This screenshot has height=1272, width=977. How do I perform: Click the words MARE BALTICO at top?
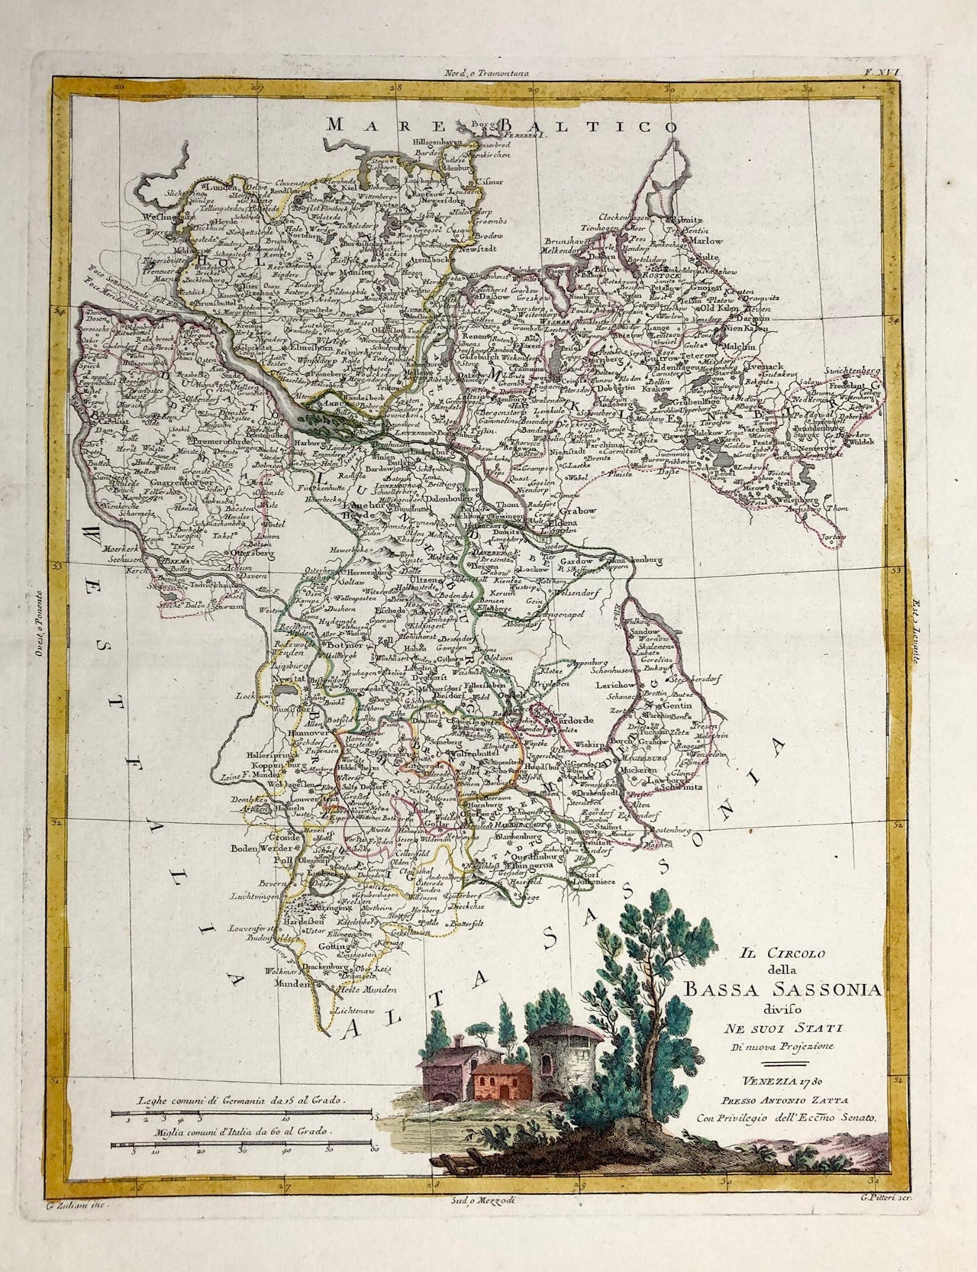point(500,126)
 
